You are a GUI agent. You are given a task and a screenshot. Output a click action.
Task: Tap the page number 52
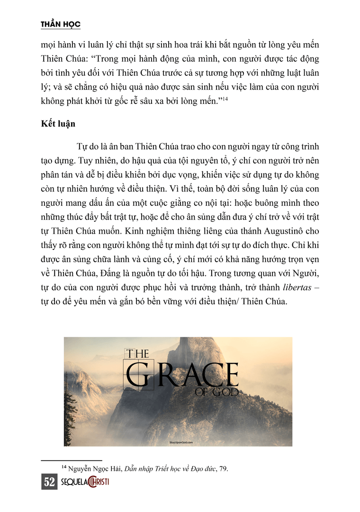49,483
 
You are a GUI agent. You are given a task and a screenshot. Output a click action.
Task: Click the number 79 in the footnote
224,469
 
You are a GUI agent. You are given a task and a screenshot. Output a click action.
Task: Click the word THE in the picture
137,354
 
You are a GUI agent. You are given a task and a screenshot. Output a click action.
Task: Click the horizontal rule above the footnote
72,460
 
